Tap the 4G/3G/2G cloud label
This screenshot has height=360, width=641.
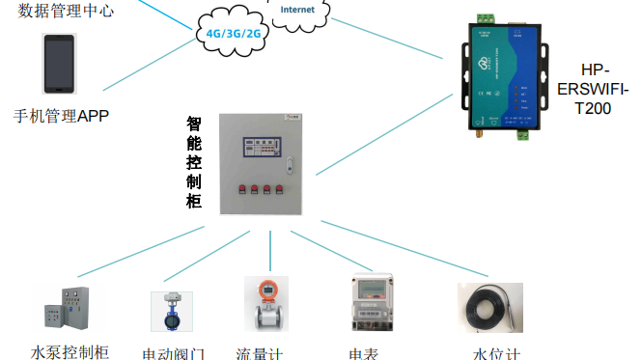[x=234, y=32]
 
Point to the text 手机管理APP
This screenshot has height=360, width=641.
[x=61, y=116]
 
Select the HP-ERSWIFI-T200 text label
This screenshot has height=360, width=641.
[x=592, y=90]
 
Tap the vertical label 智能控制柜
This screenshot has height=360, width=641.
[x=194, y=163]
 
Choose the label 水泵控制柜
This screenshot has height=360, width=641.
[x=70, y=351]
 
